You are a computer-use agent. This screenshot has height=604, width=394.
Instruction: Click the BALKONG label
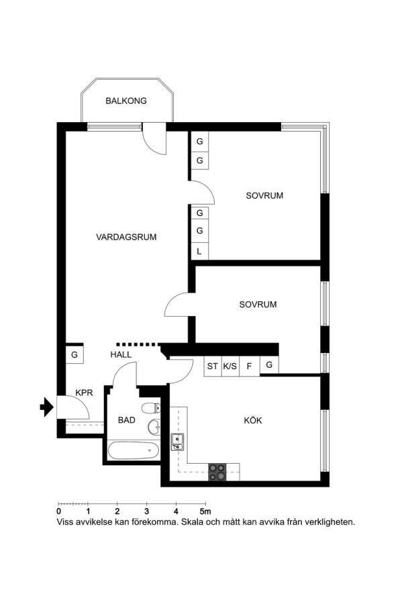tap(126, 101)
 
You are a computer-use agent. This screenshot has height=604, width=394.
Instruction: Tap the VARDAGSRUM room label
tap(126, 237)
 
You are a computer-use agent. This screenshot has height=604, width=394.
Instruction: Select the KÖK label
tap(252, 420)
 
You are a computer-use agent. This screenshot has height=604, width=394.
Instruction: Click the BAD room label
tap(126, 420)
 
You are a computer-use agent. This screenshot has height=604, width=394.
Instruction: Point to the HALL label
tap(121, 355)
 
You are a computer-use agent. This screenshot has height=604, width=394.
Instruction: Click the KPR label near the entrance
tap(84, 393)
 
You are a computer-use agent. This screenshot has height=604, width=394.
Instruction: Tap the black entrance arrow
tap(46, 407)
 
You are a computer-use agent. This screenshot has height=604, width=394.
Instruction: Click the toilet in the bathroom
tap(151, 407)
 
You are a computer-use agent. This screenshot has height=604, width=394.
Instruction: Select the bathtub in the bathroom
tap(134, 450)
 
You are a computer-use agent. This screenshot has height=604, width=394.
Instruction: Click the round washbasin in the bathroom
tap(154, 426)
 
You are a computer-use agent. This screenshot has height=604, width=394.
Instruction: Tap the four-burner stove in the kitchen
tap(217, 472)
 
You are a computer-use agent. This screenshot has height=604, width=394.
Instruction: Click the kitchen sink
tap(178, 442)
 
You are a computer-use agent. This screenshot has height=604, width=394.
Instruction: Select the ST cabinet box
tap(213, 366)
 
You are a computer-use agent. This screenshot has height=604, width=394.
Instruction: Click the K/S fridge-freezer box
tap(230, 366)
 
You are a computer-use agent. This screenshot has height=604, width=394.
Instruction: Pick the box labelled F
tap(249, 366)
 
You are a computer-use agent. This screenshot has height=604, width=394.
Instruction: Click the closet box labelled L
tap(199, 251)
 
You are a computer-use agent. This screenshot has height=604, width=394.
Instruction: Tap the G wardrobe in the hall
tap(75, 355)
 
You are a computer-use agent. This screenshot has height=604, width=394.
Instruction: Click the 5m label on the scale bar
tap(205, 511)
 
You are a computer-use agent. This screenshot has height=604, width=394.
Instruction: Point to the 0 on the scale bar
tap(58, 511)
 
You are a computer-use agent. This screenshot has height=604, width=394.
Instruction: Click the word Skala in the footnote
tap(193, 522)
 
